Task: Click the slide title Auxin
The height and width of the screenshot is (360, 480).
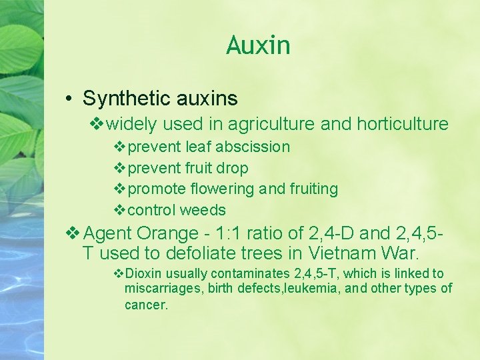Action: tap(258, 45)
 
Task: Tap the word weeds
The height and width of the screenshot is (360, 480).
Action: tap(204, 210)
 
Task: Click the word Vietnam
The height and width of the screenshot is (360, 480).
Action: tap(343, 253)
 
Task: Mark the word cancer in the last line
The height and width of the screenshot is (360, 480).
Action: tap(146, 305)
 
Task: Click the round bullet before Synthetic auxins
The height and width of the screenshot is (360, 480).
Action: tap(69, 99)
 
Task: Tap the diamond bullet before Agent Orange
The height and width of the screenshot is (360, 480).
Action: tap(73, 233)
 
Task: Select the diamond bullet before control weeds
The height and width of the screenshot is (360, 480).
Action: tap(120, 210)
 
